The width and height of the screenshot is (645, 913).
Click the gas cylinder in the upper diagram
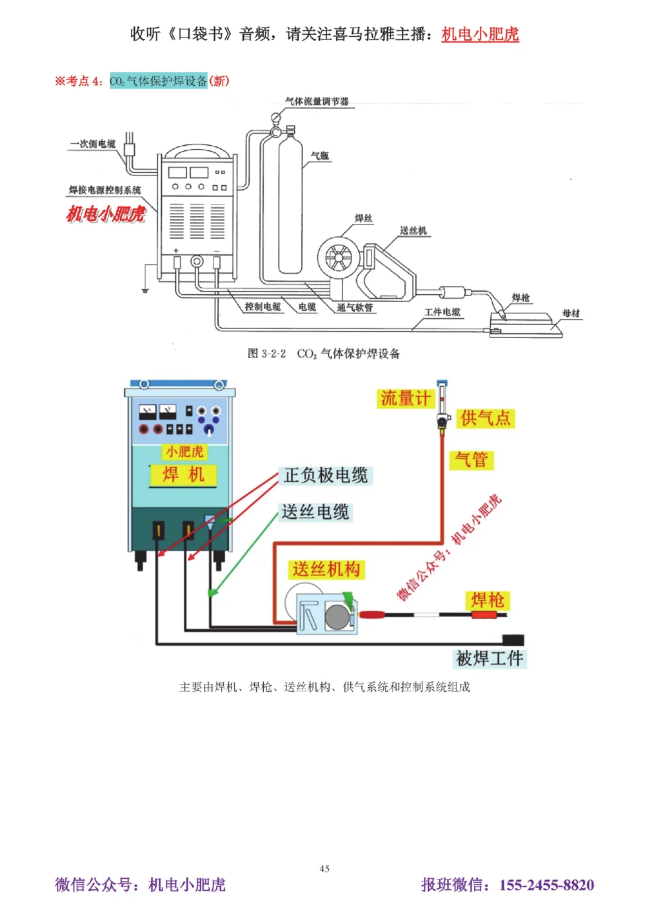290,206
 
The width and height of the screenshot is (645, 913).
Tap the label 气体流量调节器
317,101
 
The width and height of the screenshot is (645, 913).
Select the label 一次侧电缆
93,144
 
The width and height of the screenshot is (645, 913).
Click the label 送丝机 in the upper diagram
413,230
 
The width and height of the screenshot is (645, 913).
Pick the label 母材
571,313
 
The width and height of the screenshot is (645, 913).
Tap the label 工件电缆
442,312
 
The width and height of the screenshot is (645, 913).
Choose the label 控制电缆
263,306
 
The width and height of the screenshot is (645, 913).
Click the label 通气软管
355,308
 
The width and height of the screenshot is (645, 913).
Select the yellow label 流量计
404,398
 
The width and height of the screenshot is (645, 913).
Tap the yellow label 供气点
486,418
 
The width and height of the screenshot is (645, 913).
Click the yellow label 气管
471,459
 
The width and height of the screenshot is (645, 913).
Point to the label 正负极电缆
326,476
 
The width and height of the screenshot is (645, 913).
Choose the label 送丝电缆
315,512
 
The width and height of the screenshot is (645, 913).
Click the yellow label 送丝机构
326,569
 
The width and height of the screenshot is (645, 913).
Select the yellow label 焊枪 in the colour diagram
488,600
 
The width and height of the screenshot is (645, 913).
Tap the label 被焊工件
490,658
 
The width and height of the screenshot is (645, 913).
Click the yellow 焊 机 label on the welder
183,475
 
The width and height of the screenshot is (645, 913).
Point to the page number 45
324,868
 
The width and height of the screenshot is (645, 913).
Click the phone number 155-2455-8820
546,885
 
